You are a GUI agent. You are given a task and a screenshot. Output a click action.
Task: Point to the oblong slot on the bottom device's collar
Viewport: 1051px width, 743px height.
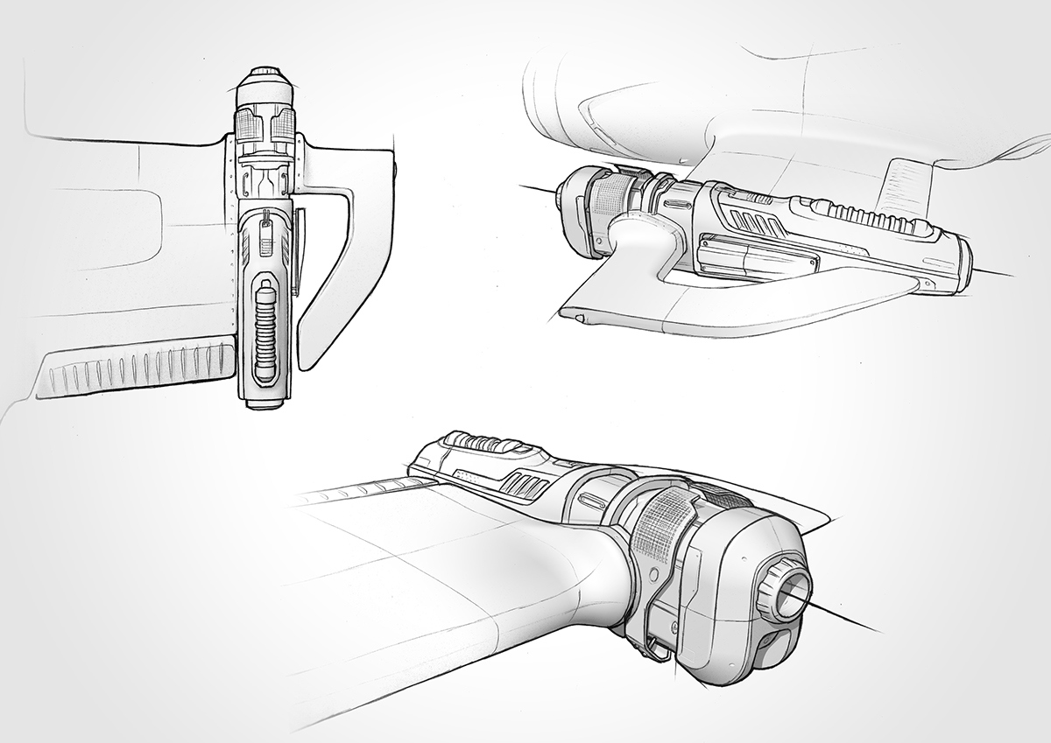(x=589, y=501)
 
